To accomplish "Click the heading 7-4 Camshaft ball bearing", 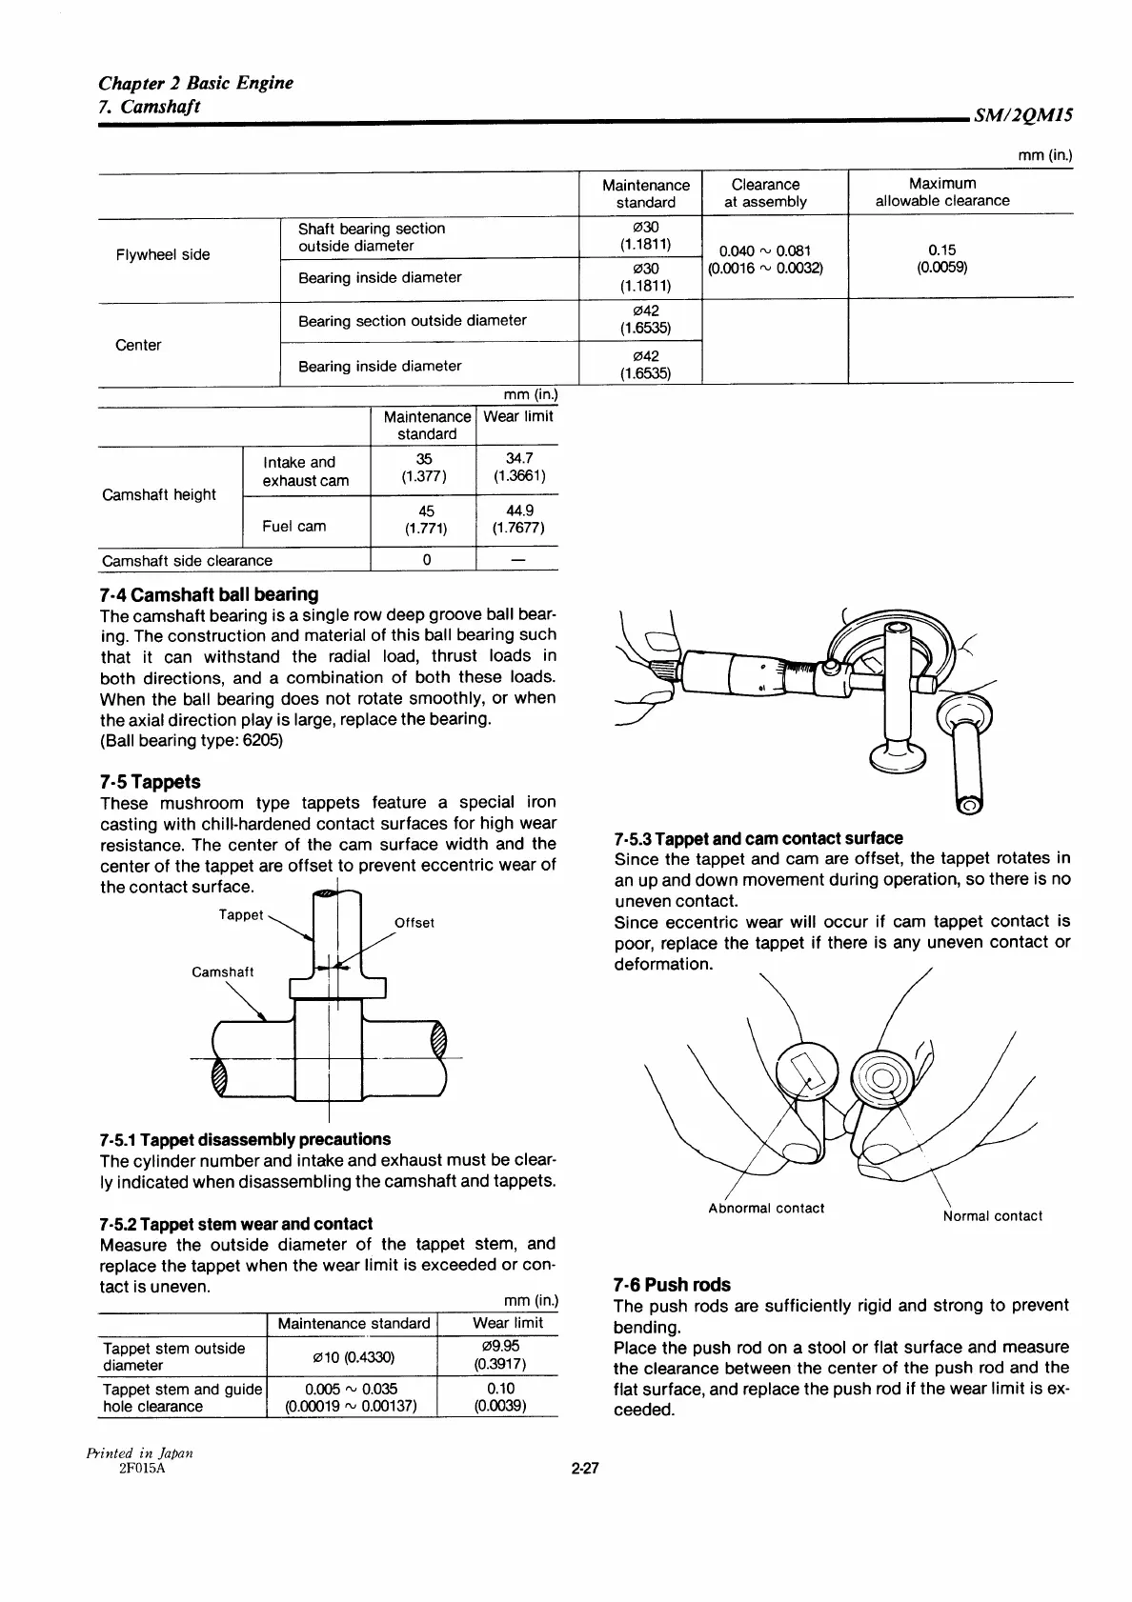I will (x=209, y=594).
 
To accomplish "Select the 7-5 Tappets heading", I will (x=150, y=781).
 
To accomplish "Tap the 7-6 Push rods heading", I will (x=672, y=1284).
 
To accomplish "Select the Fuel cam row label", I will (x=294, y=526).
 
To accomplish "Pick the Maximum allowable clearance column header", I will (x=941, y=191).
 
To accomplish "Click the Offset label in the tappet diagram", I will (x=414, y=922).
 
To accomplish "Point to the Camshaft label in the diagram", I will (x=223, y=971).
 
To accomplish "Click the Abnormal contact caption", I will (x=766, y=1208).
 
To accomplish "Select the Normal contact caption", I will (x=992, y=1215).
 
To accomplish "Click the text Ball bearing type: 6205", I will (x=192, y=740).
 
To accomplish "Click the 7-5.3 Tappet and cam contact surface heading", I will (x=758, y=838).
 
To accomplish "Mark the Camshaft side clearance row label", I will (x=187, y=560).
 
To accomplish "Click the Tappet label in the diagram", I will (x=240, y=914).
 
